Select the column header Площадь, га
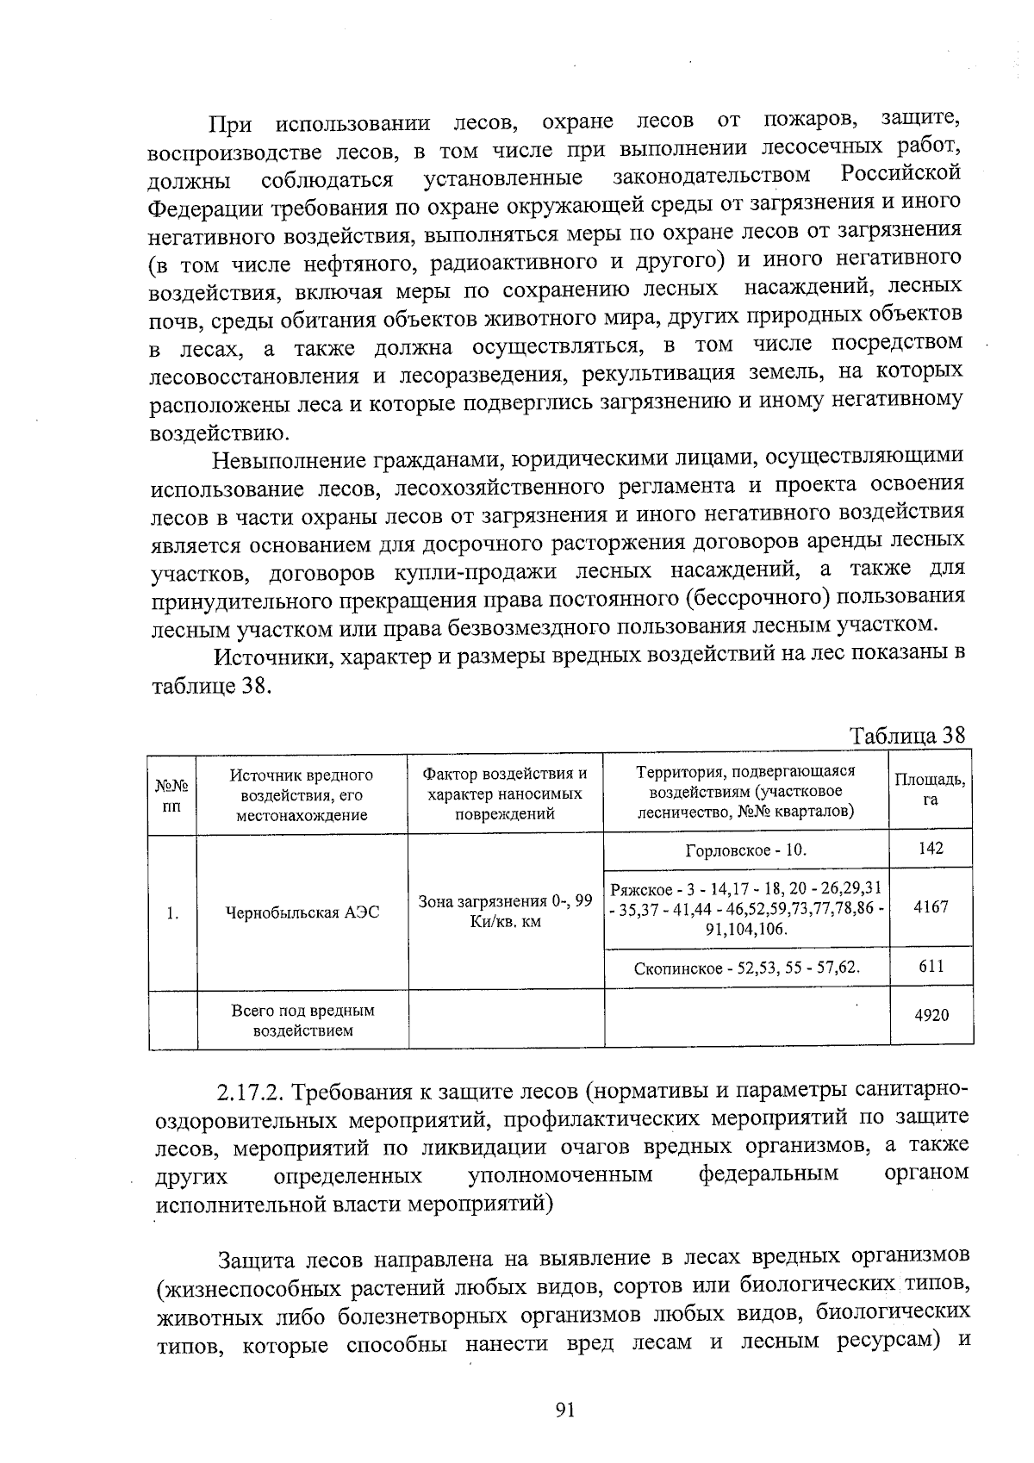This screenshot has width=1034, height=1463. click(930, 789)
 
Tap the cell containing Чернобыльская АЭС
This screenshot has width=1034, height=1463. click(302, 912)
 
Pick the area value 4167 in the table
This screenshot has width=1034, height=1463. click(931, 907)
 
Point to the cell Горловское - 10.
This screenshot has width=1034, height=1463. click(745, 850)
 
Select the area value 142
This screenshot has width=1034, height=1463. click(931, 849)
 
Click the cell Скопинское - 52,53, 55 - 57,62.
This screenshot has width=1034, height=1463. click(747, 968)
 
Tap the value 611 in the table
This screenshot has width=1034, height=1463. click(931, 966)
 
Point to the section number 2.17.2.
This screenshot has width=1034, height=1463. click(251, 1093)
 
